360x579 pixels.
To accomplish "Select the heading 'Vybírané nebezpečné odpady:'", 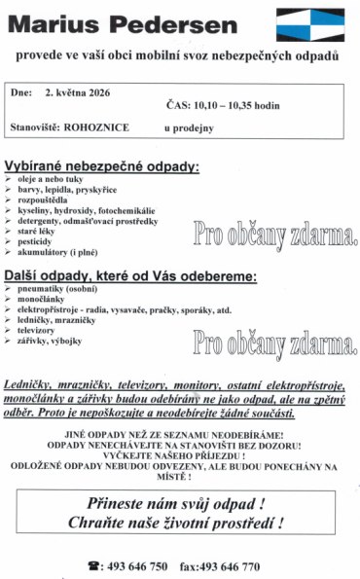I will point(102,167).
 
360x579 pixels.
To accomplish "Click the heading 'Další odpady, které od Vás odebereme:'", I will point(130,276).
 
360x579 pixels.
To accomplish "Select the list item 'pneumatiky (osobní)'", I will point(69,289).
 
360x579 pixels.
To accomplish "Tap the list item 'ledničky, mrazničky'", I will point(66,319).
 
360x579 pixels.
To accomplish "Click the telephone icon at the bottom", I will point(94,565).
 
